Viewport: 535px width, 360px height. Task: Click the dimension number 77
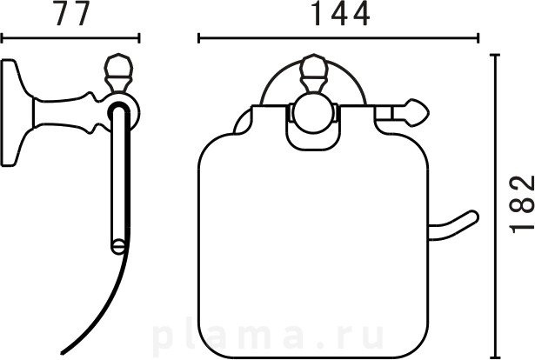(73, 13)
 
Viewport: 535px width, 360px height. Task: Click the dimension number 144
(342, 14)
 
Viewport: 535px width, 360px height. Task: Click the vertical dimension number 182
(522, 204)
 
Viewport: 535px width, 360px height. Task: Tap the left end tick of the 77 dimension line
(2, 38)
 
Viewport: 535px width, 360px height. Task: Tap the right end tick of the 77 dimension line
(139, 38)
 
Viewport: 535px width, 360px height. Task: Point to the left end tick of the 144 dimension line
(198, 38)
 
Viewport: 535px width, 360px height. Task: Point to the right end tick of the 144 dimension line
(478, 38)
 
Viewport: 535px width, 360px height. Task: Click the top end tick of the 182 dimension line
(495, 55)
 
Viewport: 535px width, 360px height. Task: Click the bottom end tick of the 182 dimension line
(495, 357)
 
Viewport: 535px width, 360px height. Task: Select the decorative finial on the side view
(117, 73)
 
